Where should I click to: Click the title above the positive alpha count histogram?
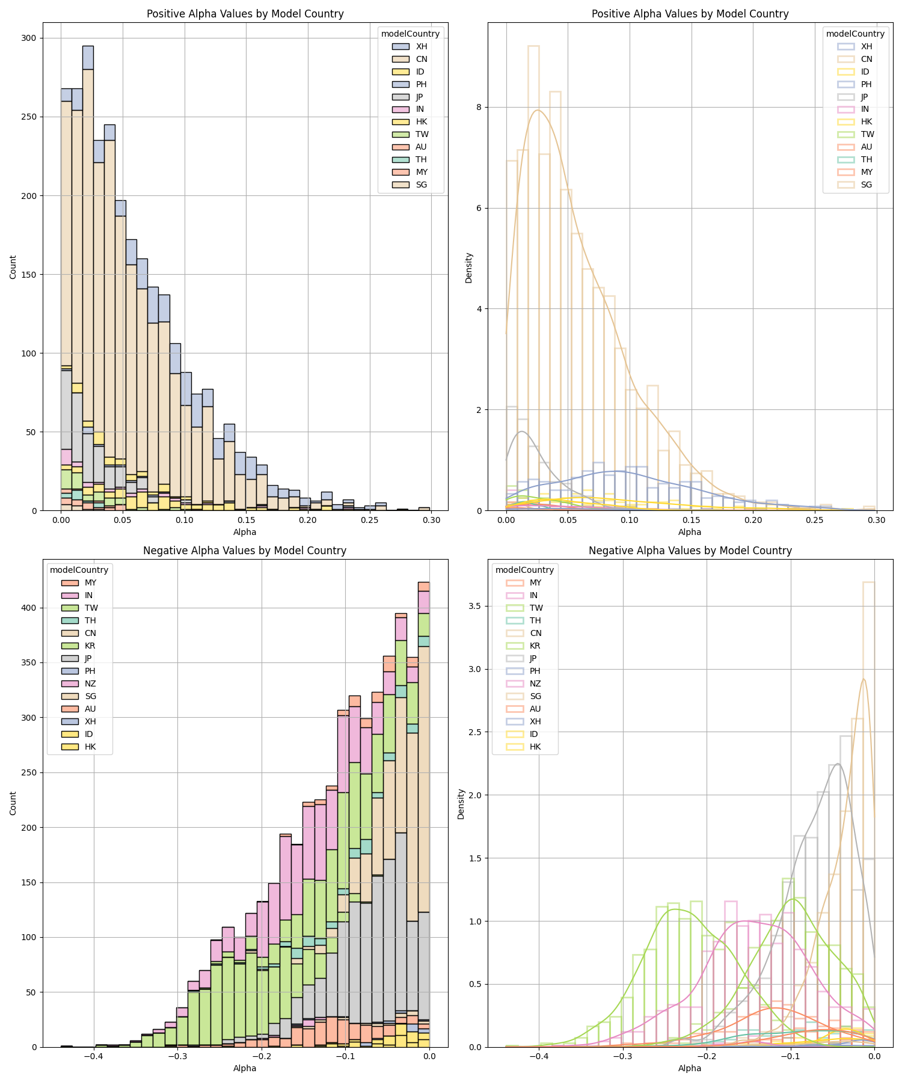(245, 14)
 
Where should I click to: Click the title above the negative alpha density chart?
(690, 550)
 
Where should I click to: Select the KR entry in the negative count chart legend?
(90, 646)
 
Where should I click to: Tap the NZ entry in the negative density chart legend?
(535, 683)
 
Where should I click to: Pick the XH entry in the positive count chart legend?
(422, 46)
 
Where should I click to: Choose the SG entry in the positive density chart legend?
(867, 185)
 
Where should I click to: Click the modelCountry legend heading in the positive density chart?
(855, 34)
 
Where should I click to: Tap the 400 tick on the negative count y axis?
(28, 608)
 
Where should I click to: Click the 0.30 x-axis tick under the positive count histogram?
(431, 519)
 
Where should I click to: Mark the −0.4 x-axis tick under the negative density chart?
(539, 1056)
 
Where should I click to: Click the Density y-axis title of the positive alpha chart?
(469, 267)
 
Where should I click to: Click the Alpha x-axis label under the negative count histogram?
(245, 1068)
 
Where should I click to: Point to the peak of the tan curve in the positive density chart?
(538, 110)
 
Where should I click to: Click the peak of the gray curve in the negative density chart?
(838, 764)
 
